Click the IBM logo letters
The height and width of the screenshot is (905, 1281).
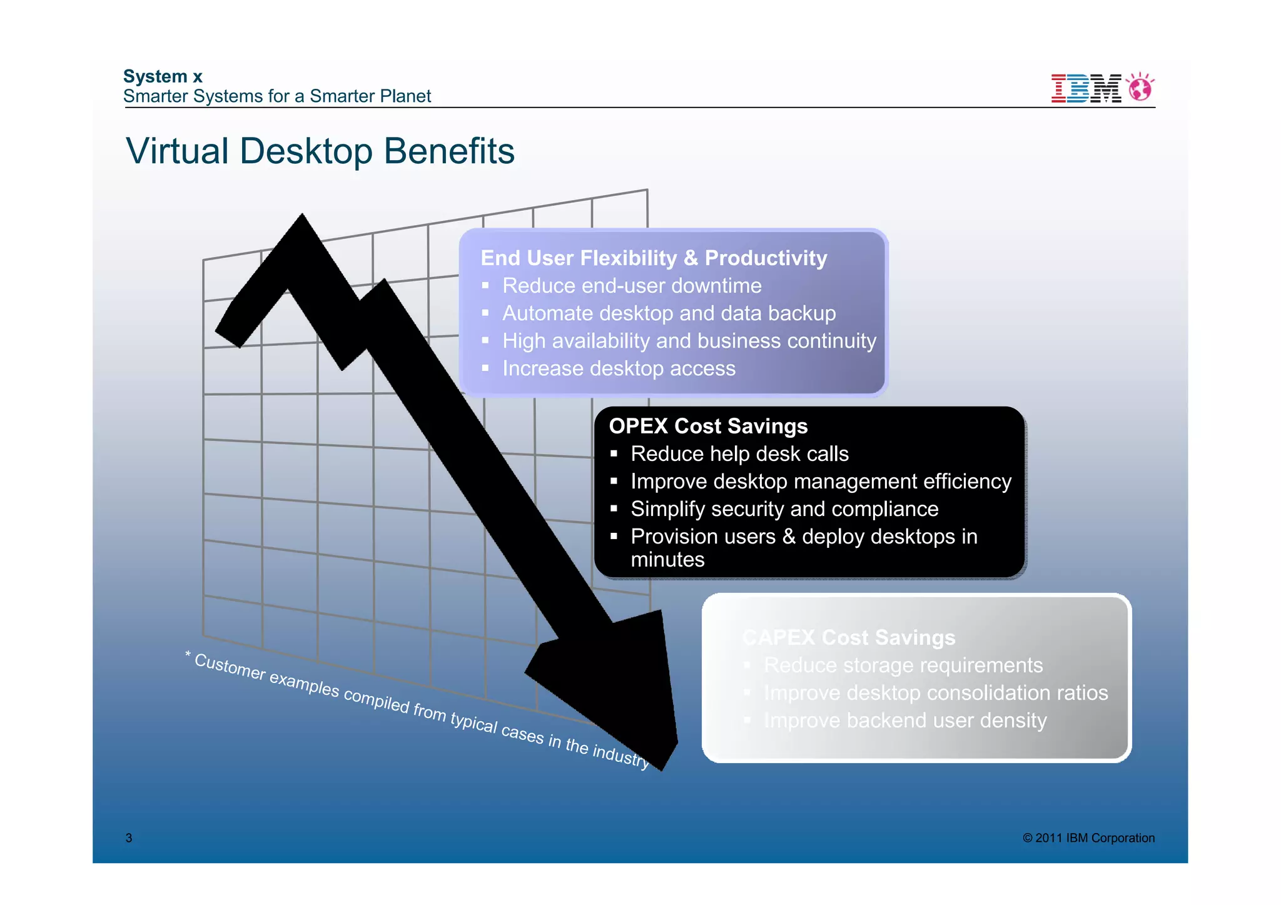pyautogui.click(x=1086, y=88)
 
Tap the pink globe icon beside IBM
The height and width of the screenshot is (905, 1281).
pyautogui.click(x=1141, y=88)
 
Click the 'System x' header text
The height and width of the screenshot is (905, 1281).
pyautogui.click(x=163, y=76)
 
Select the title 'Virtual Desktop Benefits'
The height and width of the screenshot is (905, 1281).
pyautogui.click(x=320, y=151)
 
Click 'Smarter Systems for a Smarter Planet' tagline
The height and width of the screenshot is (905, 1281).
pyautogui.click(x=277, y=96)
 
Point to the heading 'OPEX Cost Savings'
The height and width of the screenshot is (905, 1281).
pyautogui.click(x=708, y=426)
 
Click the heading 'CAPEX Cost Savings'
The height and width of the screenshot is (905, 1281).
pyautogui.click(x=849, y=637)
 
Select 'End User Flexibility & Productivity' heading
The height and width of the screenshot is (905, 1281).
pyautogui.click(x=654, y=258)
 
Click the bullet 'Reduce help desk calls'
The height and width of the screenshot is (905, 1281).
pyautogui.click(x=739, y=453)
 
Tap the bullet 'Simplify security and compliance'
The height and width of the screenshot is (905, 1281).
pyautogui.click(x=784, y=508)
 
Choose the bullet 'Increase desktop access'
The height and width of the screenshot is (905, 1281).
pyautogui.click(x=619, y=368)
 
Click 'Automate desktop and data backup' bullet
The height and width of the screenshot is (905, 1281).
pyautogui.click(x=669, y=313)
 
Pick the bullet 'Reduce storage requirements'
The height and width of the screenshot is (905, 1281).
pyautogui.click(x=903, y=665)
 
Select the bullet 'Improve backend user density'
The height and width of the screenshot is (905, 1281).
pyautogui.click(x=905, y=720)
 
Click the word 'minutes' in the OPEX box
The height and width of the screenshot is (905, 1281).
pyautogui.click(x=667, y=559)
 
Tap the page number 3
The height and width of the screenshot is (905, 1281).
pyautogui.click(x=129, y=838)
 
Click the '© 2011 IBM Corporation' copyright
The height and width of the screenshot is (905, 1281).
pyautogui.click(x=1088, y=838)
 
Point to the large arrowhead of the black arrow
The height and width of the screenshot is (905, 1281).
pyautogui.click(x=619, y=682)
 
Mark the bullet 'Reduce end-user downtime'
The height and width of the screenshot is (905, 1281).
pyautogui.click(x=632, y=285)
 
